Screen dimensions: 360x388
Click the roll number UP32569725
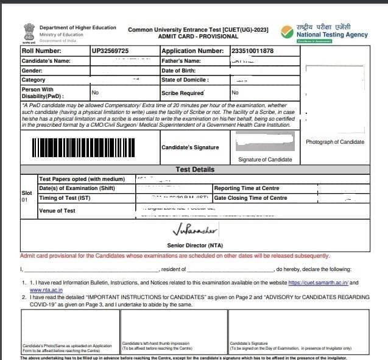tap(110, 51)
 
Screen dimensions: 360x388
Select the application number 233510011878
tap(252, 51)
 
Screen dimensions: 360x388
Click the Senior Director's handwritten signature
tap(194, 230)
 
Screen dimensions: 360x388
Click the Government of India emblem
tap(27, 32)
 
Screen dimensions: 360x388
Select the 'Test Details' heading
tap(194, 169)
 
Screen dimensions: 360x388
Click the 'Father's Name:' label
tap(181, 61)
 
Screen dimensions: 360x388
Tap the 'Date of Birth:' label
tap(180, 71)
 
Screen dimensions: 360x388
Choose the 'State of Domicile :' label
tap(185, 80)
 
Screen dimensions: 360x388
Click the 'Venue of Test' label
tap(57, 211)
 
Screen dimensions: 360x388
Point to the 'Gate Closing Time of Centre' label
tap(250, 198)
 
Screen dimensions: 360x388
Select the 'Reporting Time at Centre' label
tap(247, 188)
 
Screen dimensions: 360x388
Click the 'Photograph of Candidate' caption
tap(335, 142)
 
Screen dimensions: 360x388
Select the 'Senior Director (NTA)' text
tap(194, 245)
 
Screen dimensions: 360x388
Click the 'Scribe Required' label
tap(183, 93)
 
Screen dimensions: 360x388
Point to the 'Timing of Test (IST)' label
tap(65, 198)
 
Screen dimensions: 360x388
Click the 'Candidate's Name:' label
tap(46, 61)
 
